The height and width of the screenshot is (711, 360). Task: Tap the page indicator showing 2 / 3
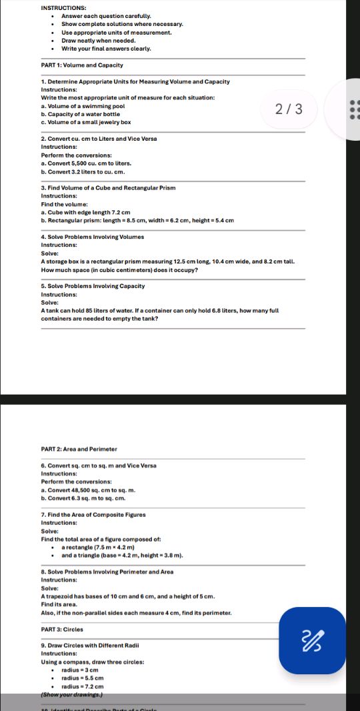(x=289, y=109)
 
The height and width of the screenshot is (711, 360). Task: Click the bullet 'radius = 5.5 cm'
(x=83, y=677)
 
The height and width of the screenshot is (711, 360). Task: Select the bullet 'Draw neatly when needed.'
(x=99, y=40)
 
